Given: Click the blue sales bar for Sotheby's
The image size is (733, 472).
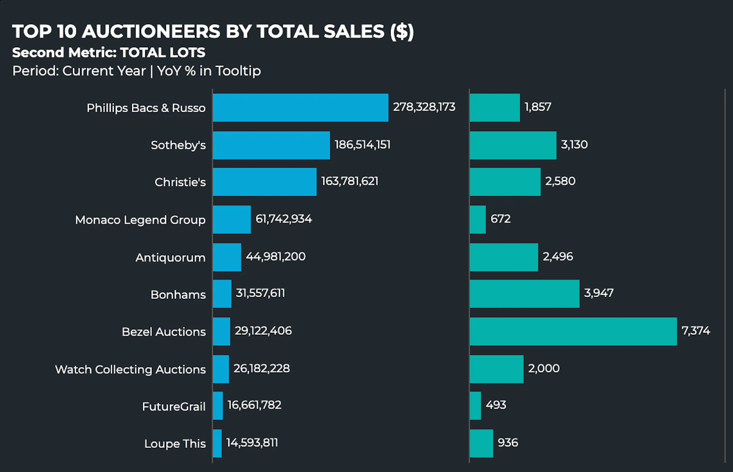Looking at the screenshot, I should pos(271,145).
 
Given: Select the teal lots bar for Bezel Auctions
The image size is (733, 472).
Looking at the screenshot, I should pos(573,331).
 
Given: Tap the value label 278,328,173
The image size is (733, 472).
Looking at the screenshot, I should pos(424,107).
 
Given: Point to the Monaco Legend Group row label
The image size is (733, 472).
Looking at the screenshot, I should pos(140,220).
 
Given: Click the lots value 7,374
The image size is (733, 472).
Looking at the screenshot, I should pos(696,331).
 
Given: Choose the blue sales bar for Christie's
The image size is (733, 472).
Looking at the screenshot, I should pos(265,182).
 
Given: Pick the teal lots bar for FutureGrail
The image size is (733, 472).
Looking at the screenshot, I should pos(475,406).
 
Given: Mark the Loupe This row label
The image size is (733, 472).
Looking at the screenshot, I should pos(175,443).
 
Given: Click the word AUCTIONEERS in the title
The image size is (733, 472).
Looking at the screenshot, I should pos(151,31).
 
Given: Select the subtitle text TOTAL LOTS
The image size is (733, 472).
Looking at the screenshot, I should pos(162,53).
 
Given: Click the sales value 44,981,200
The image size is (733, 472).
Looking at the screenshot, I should pos(276,256).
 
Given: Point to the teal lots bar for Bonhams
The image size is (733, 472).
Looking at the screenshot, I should pos(524,294).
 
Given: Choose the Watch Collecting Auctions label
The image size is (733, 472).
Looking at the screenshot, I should pos(130,369).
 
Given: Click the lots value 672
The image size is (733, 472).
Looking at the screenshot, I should pos(500,219).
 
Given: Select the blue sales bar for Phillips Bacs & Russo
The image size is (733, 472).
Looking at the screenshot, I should pos(301,108).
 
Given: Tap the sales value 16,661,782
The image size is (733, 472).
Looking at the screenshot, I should pos(254,405).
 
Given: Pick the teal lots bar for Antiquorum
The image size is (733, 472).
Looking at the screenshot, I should pos(504,257).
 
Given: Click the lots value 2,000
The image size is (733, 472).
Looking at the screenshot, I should pos(544,368).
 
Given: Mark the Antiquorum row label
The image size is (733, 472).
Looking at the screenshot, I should pos(170,257).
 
